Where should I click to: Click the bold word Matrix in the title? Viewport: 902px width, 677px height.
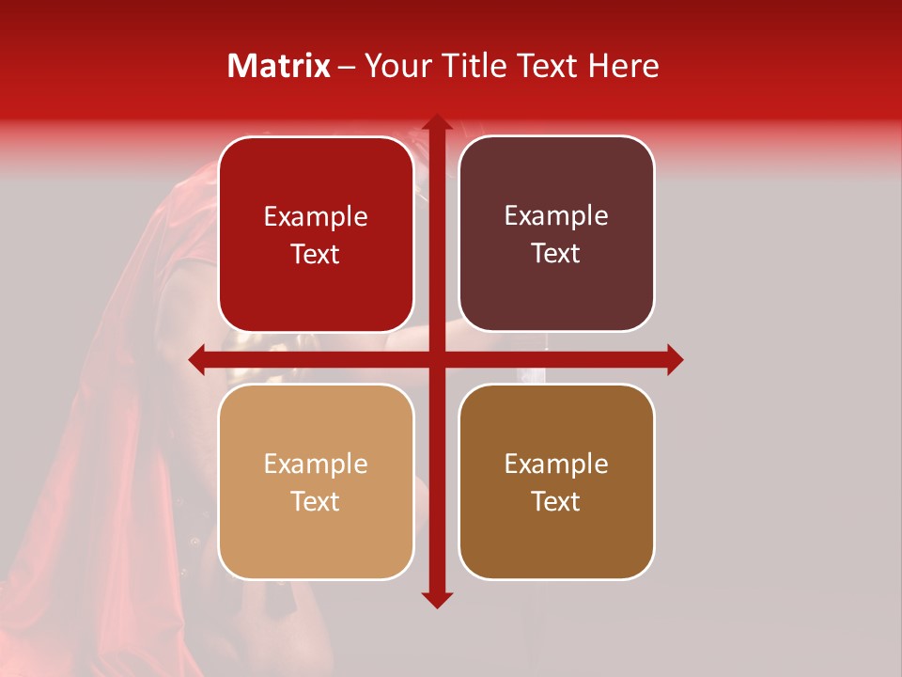(x=279, y=66)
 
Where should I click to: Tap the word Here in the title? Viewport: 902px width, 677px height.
(x=624, y=66)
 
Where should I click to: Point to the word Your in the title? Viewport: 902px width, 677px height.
(x=393, y=66)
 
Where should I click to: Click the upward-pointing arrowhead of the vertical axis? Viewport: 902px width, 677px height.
(x=436, y=122)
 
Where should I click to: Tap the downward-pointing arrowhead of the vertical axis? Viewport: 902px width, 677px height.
(x=436, y=599)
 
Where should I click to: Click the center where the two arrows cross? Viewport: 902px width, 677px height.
(x=436, y=359)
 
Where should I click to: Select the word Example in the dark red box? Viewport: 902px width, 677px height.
(x=316, y=217)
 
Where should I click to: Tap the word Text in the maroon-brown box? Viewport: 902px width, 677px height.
(x=556, y=254)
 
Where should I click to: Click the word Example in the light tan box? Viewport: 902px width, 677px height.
(x=316, y=464)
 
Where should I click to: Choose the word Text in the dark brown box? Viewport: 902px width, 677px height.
(x=556, y=502)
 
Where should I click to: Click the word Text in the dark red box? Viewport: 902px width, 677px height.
(x=316, y=255)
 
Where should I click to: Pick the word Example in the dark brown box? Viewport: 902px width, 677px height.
(x=556, y=464)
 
